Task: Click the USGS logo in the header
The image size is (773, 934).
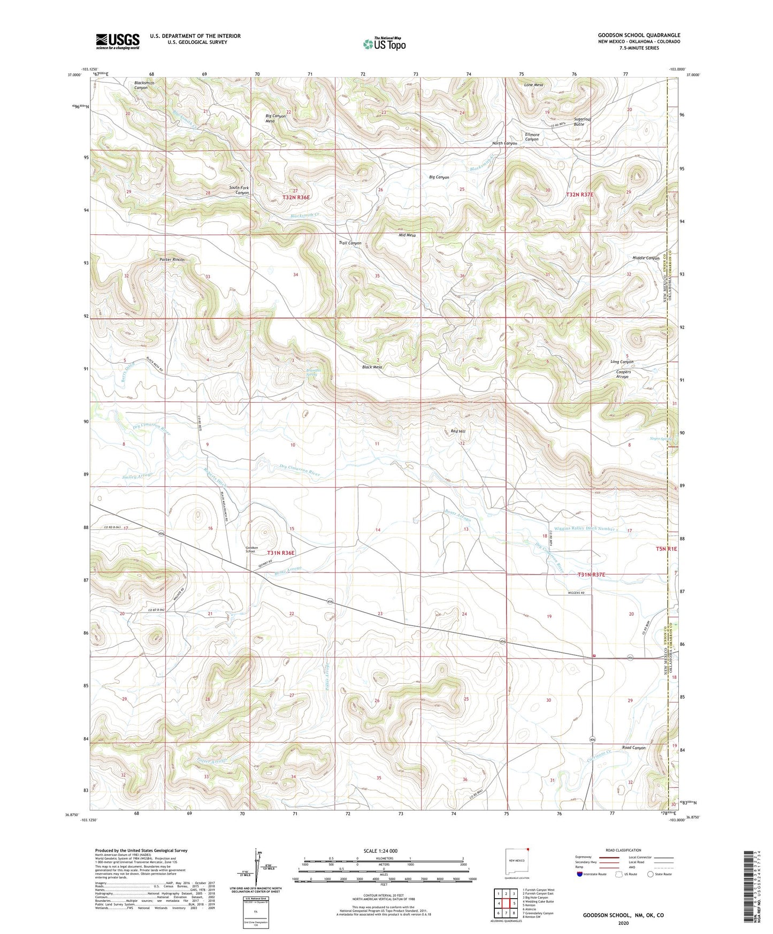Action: point(118,41)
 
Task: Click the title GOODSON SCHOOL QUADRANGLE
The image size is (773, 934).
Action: point(639,35)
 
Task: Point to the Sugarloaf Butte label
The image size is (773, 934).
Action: point(586,121)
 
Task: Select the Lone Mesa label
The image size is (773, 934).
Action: point(533,85)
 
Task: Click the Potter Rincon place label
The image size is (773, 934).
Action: point(172,259)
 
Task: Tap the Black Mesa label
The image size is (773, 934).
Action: point(372,367)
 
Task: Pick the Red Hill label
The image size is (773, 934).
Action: point(458,431)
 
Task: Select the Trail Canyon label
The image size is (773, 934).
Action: point(350,243)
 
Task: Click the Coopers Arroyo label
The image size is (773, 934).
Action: point(623,374)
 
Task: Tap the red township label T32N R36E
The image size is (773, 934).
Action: point(296,197)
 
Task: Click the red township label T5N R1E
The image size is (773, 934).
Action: point(667,549)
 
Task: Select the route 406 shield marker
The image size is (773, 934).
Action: point(593,739)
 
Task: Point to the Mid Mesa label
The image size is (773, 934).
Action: point(407,235)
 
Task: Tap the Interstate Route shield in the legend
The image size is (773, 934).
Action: point(580,874)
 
